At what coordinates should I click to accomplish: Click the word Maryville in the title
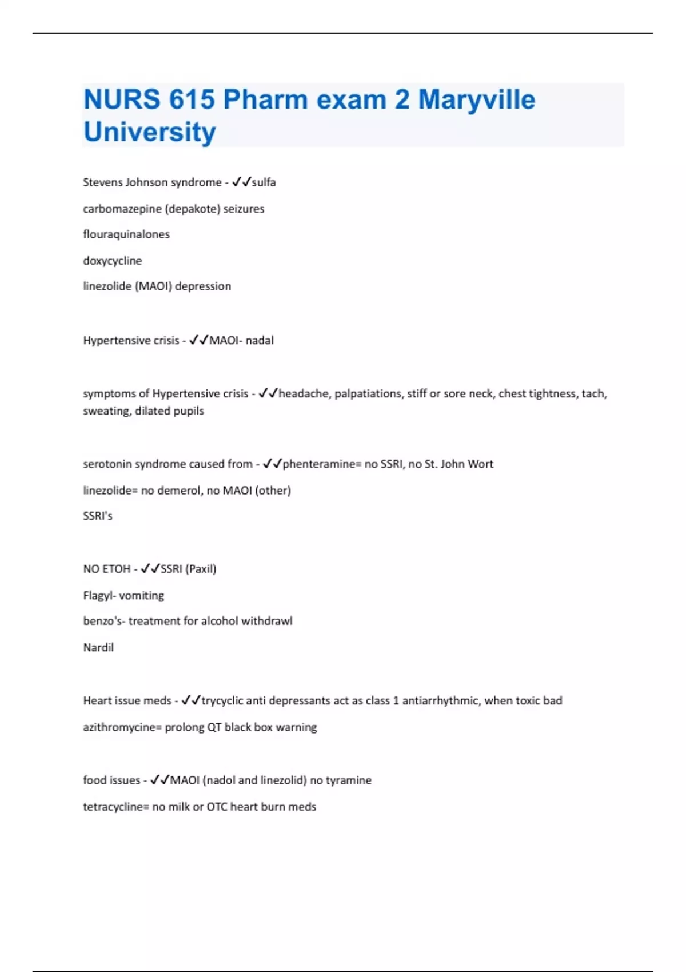(476, 99)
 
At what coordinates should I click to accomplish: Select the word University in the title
(150, 132)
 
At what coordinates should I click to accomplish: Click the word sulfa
(264, 182)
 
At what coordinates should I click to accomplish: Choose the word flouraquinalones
(126, 234)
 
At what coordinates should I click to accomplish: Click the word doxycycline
(113, 261)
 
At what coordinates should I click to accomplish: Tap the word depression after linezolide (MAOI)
(203, 286)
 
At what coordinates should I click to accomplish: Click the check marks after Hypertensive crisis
(198, 340)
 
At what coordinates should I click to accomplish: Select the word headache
(303, 393)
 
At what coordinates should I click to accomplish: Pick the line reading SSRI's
(98, 516)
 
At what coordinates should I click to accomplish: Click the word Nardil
(98, 648)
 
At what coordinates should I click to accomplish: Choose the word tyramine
(348, 780)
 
